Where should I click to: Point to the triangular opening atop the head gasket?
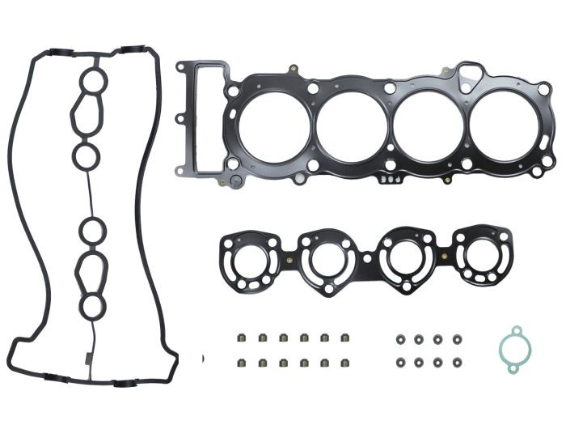point(465,76)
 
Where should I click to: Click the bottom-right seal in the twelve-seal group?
point(346,362)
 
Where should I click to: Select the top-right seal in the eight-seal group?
point(457,338)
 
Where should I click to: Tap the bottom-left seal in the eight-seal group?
point(399,363)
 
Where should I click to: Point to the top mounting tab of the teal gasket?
point(512,330)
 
